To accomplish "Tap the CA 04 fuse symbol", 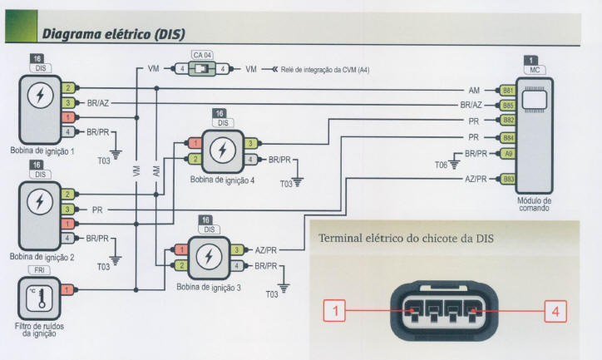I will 201,69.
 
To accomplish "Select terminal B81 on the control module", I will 507,90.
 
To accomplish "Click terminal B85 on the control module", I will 507,106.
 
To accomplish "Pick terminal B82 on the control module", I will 507,121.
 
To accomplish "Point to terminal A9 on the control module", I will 507,154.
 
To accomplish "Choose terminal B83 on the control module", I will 507,178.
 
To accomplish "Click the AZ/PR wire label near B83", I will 475,178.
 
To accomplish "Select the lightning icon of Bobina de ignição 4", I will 220,150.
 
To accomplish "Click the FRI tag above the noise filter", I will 38,271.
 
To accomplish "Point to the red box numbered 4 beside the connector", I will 555,311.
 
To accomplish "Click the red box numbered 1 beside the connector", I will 334,311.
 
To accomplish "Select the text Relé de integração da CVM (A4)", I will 323,70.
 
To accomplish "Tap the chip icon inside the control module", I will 532,98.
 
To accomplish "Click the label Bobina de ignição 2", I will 42,257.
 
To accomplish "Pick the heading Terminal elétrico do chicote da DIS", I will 406,239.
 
